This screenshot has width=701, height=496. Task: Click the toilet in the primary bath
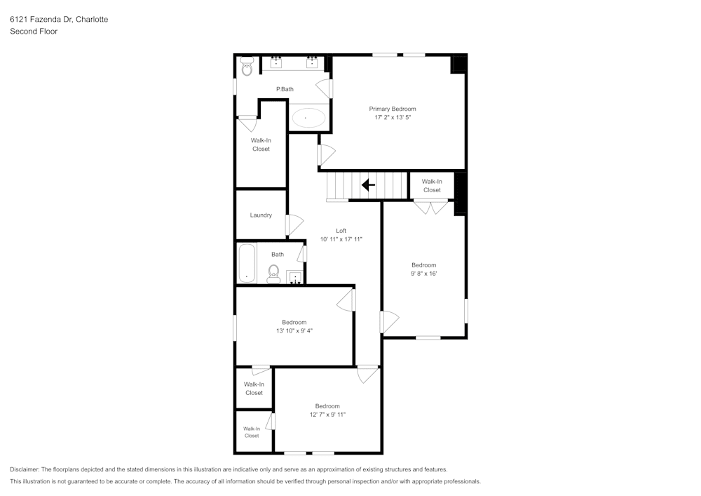pyautogui.click(x=247, y=68)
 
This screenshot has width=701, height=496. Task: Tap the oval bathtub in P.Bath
pyautogui.click(x=308, y=117)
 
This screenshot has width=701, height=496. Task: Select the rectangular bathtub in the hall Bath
pyautogui.click(x=247, y=263)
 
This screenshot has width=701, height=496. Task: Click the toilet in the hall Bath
pyautogui.click(x=274, y=273)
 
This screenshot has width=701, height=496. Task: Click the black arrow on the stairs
pyautogui.click(x=368, y=186)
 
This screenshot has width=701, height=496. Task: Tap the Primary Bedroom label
pyautogui.click(x=393, y=109)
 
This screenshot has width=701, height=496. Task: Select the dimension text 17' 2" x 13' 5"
pyautogui.click(x=393, y=118)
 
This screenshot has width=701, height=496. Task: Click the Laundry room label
pyautogui.click(x=261, y=215)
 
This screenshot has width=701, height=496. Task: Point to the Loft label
pyautogui.click(x=341, y=230)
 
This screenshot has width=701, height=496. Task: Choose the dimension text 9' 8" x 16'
pyautogui.click(x=424, y=274)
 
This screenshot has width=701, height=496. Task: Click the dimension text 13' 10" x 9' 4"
pyautogui.click(x=294, y=331)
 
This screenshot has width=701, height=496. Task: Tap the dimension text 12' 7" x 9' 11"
pyautogui.click(x=327, y=415)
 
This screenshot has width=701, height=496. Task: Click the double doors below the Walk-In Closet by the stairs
pyautogui.click(x=430, y=206)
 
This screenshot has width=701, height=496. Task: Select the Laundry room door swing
pyautogui.click(x=294, y=224)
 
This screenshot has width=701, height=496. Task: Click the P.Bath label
pyautogui.click(x=285, y=89)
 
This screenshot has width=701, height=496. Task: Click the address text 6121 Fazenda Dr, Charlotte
pyautogui.click(x=59, y=20)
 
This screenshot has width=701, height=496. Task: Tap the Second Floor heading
pyautogui.click(x=34, y=32)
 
